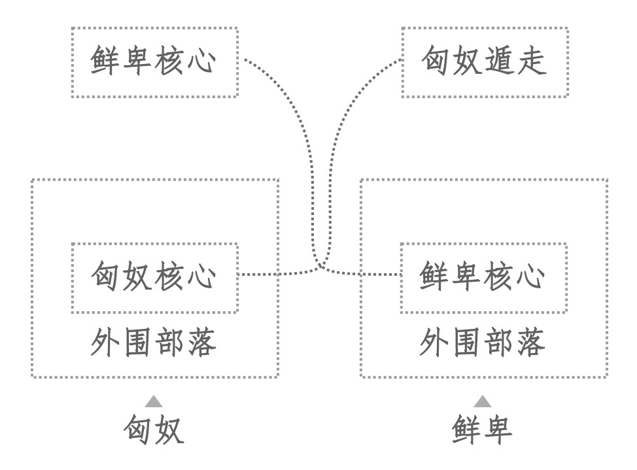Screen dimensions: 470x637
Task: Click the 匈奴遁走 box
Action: (x=484, y=63)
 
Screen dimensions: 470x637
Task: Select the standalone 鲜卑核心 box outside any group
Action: (x=154, y=63)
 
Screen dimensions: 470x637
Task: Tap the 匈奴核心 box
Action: (x=154, y=277)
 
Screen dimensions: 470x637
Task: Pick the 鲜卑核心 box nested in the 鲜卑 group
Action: (x=483, y=277)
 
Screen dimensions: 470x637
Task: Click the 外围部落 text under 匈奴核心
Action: (x=154, y=344)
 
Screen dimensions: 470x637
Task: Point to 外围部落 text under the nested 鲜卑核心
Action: (x=483, y=344)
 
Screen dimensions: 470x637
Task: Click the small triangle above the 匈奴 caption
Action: (x=154, y=401)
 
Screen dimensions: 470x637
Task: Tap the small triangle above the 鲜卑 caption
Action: (x=483, y=401)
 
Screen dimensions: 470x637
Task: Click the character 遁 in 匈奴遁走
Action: (x=499, y=63)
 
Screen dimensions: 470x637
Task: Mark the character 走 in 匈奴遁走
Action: (x=531, y=63)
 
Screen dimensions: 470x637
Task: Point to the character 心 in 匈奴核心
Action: (x=202, y=277)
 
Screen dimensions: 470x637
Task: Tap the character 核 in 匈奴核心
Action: (x=170, y=277)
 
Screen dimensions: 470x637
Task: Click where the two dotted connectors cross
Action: (x=320, y=265)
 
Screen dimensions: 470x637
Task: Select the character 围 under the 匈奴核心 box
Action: (x=138, y=344)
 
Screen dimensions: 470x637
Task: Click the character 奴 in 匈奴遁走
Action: (x=468, y=63)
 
